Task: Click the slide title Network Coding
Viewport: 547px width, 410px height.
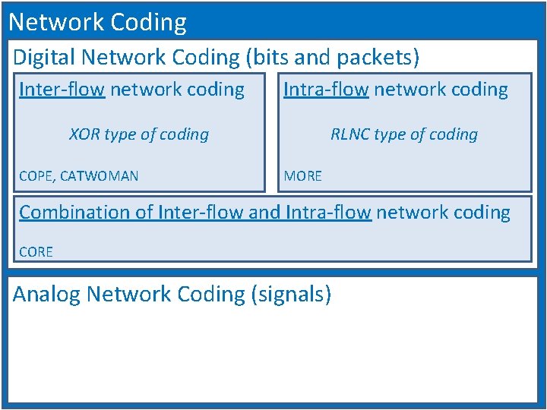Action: (97, 22)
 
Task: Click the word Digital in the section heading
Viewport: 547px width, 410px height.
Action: (45, 57)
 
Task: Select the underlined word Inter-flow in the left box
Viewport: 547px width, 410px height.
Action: (62, 90)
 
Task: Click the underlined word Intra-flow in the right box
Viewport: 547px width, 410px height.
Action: (326, 90)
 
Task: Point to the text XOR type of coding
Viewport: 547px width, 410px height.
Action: (139, 134)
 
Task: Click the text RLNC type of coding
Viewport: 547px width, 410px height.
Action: (404, 134)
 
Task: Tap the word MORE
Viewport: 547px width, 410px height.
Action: (302, 176)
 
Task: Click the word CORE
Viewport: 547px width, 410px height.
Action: (36, 252)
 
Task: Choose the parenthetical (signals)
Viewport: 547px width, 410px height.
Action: (291, 294)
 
